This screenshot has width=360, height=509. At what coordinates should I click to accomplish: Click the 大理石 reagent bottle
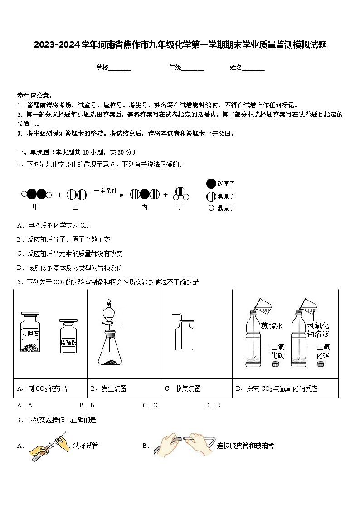(30, 332)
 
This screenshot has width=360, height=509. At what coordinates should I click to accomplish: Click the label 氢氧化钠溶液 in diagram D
(318, 330)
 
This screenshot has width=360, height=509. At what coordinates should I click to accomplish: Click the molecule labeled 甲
(37, 195)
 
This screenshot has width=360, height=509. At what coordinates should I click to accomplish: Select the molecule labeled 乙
(76, 195)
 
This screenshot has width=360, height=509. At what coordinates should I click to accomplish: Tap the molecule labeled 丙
(145, 195)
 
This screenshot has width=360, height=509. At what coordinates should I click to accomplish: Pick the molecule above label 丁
(180, 194)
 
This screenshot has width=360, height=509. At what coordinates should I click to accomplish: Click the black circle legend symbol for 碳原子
(211, 184)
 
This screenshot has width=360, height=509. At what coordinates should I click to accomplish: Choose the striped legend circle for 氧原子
(211, 196)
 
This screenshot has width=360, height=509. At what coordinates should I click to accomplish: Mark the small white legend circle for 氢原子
(211, 208)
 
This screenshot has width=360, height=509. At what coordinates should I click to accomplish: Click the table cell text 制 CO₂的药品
(48, 388)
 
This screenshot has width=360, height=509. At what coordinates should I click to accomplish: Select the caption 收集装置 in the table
(188, 388)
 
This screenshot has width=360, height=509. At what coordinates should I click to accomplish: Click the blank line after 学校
(120, 68)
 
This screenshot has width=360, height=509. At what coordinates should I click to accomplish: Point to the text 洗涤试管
(86, 446)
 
